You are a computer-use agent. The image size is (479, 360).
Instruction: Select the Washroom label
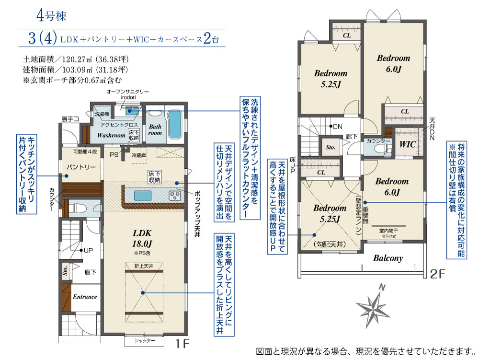coord(111,136)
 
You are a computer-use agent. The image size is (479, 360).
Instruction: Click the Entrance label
coord(85,297)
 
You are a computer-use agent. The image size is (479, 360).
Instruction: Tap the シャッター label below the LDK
coord(145,340)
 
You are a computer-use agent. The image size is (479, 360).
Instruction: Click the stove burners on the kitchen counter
coord(174,196)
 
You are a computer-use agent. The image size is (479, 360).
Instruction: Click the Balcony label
coord(388,258)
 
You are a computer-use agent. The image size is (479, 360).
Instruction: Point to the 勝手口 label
coord(70,118)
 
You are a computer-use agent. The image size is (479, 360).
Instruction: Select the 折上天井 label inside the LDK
coord(142,266)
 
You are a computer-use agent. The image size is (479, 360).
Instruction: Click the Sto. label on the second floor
coord(331,148)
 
